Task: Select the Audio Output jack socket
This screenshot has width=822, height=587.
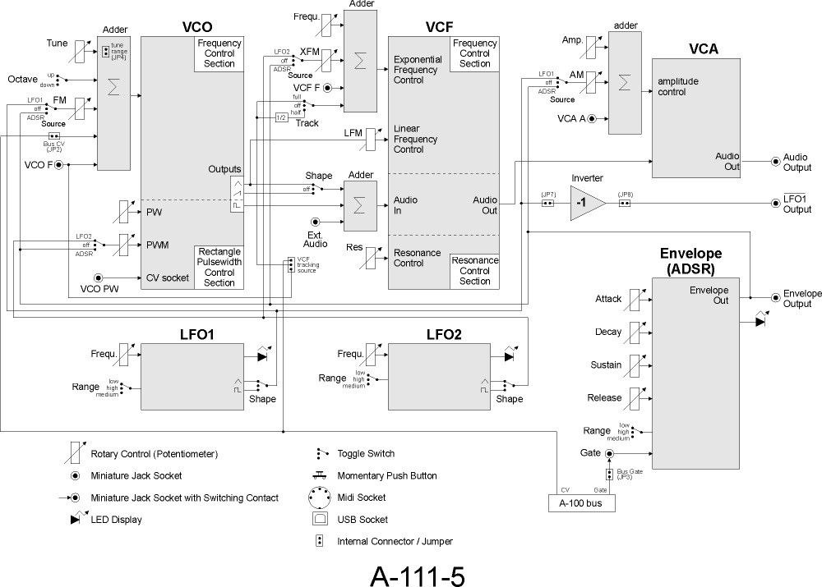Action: tap(774, 163)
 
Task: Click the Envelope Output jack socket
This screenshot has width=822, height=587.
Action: tap(774, 299)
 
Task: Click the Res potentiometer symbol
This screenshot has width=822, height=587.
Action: tap(373, 257)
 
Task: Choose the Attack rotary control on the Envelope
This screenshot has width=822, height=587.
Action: tap(635, 300)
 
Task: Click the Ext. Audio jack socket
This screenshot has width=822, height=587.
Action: tap(315, 222)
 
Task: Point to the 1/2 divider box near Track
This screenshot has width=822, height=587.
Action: tap(281, 117)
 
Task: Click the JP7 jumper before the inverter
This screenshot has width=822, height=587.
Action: tap(548, 203)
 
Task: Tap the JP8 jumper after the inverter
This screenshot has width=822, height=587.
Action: tap(624, 203)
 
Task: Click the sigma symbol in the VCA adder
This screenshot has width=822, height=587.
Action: tap(626, 82)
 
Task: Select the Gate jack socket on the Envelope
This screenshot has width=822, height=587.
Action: tap(610, 453)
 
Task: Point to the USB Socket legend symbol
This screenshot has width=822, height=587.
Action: tap(320, 519)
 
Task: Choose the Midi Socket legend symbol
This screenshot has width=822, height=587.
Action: tap(320, 497)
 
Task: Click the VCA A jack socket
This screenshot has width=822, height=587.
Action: tap(603, 120)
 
